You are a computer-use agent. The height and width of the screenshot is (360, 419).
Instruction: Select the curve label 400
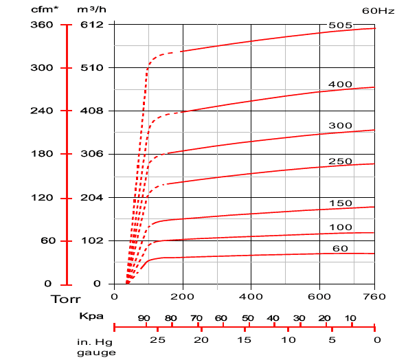(x=341, y=85)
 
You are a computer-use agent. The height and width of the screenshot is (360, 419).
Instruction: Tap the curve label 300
(x=341, y=126)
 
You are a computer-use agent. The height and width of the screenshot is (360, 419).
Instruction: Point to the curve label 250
(x=341, y=161)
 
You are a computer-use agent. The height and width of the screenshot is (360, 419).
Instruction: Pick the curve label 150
(x=341, y=203)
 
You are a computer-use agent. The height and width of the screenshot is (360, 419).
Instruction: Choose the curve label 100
(x=341, y=227)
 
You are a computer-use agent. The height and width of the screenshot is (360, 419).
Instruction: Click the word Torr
(x=66, y=300)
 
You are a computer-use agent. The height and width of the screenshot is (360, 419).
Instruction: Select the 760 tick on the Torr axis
(x=374, y=297)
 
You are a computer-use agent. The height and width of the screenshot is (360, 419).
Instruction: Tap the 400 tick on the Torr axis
(x=251, y=297)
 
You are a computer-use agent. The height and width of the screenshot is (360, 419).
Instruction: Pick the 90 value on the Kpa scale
(x=144, y=319)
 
